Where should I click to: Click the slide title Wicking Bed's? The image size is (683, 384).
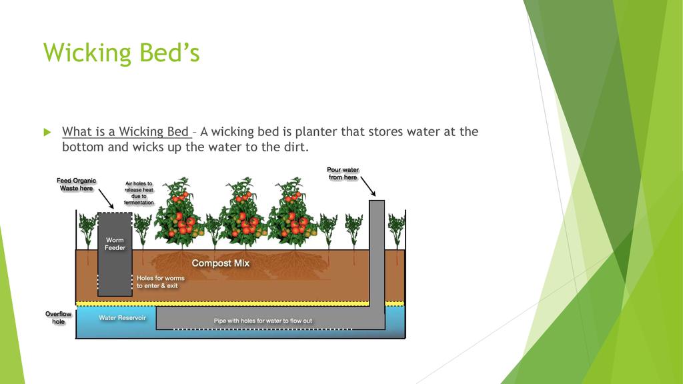tap(121, 53)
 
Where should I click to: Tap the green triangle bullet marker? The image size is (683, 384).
tap(47, 133)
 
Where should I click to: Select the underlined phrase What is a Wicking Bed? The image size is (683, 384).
tap(125, 131)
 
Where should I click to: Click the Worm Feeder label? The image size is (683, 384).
tap(115, 244)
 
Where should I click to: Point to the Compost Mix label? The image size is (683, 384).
tap(220, 263)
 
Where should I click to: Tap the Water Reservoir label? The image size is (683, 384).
tap(123, 318)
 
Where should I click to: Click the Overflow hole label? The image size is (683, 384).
tap(59, 317)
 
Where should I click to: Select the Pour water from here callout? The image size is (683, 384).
tap(343, 173)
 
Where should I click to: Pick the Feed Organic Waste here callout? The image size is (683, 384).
tap(76, 184)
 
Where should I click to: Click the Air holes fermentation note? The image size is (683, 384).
tap(139, 193)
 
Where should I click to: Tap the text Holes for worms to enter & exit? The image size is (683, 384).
tap(160, 282)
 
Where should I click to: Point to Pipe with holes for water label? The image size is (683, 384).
tap(263, 321)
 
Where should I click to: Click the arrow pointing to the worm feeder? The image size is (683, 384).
tap(106, 199)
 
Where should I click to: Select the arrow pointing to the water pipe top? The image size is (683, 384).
tap(368, 187)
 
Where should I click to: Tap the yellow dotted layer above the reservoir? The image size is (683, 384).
tap(240, 303)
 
